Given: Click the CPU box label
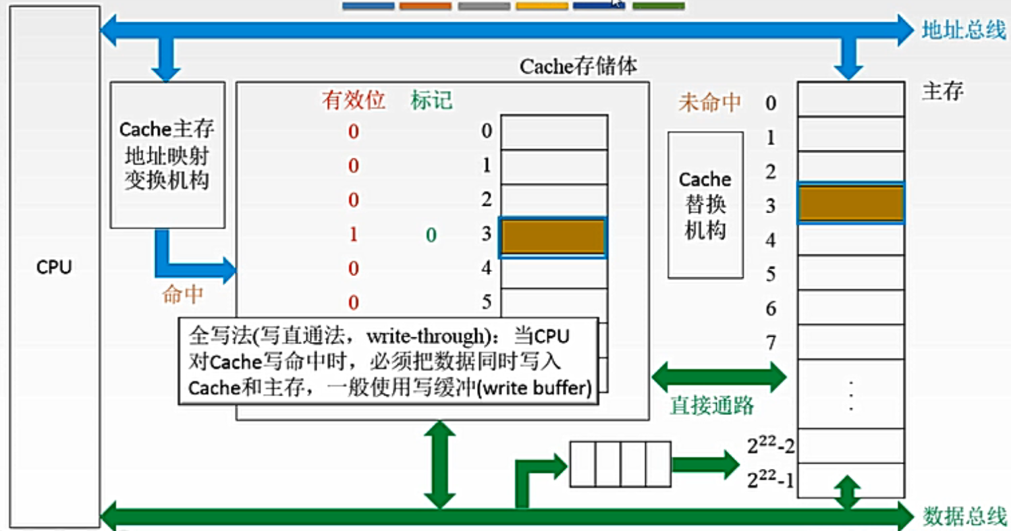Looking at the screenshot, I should pyautogui.click(x=54, y=268).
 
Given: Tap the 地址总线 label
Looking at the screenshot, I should pyautogui.click(x=963, y=30).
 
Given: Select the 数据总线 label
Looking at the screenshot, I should pyautogui.click(x=963, y=517).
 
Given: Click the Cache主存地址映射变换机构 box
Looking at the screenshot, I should pyautogui.click(x=167, y=155).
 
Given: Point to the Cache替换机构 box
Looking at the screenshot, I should pyautogui.click(x=705, y=204).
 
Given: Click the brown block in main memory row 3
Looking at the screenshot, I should pyautogui.click(x=850, y=204).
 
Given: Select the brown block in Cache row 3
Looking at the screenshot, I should pyautogui.click(x=553, y=237).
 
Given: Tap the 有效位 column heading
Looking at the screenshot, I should pyautogui.click(x=354, y=101).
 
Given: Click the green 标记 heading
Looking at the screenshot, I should pyautogui.click(x=431, y=101).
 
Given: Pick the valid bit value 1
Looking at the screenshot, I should pyautogui.click(x=353, y=235).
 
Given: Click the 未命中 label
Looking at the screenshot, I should pyautogui.click(x=709, y=103).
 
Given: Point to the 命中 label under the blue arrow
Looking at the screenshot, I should pyautogui.click(x=182, y=294).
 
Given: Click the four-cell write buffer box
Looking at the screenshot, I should pyautogui.click(x=620, y=464).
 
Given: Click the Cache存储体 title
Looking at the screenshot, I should pyautogui.click(x=578, y=67).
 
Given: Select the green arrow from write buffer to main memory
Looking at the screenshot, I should pyautogui.click(x=705, y=464).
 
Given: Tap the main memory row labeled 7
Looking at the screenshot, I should pyautogui.click(x=850, y=341).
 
